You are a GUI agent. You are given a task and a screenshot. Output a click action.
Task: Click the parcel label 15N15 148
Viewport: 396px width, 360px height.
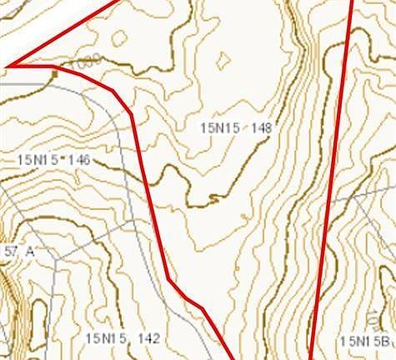(x=237, y=128)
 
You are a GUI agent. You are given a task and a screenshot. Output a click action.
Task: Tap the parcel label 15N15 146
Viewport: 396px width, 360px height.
(x=53, y=159)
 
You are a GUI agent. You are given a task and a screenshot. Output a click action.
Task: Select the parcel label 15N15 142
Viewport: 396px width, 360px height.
(x=122, y=338)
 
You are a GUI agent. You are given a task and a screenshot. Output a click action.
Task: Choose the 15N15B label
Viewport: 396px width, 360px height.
(x=365, y=341)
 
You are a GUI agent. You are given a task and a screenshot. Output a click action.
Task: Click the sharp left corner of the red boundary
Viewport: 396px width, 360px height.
(x=8, y=64)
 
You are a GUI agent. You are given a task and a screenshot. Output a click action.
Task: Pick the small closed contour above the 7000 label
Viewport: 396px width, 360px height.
(x=119, y=38)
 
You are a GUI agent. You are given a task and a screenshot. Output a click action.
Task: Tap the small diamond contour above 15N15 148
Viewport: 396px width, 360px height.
(x=223, y=60)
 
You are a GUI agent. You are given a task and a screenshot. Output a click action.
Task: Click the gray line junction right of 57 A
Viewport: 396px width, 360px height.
(x=59, y=251)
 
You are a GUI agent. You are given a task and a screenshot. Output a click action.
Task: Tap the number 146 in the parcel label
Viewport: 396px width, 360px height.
(x=80, y=159)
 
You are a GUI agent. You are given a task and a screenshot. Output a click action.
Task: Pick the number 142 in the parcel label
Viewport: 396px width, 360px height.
(x=149, y=338)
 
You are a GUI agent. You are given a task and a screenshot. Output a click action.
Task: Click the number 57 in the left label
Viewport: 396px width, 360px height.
(x=10, y=251)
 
